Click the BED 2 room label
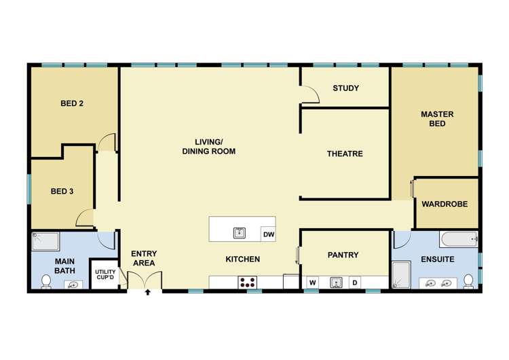pyautogui.click(x=72, y=104)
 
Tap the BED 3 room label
pyautogui.click(x=62, y=192)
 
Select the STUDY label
pyautogui.click(x=345, y=88)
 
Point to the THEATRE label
pyautogui.click(x=345, y=154)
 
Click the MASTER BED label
pyautogui.click(x=436, y=119)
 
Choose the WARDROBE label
pyautogui.click(x=445, y=204)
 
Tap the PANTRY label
pyautogui.click(x=343, y=255)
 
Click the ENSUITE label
pyautogui.click(x=437, y=259)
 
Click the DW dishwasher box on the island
pyautogui.click(x=268, y=234)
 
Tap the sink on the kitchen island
pyautogui.click(x=239, y=233)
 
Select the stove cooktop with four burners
pyautogui.click(x=247, y=283)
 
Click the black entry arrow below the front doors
pyautogui.click(x=147, y=294)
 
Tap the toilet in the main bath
pyautogui.click(x=46, y=281)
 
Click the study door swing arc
pyautogui.click(x=311, y=94)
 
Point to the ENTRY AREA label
pyautogui.click(x=143, y=258)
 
